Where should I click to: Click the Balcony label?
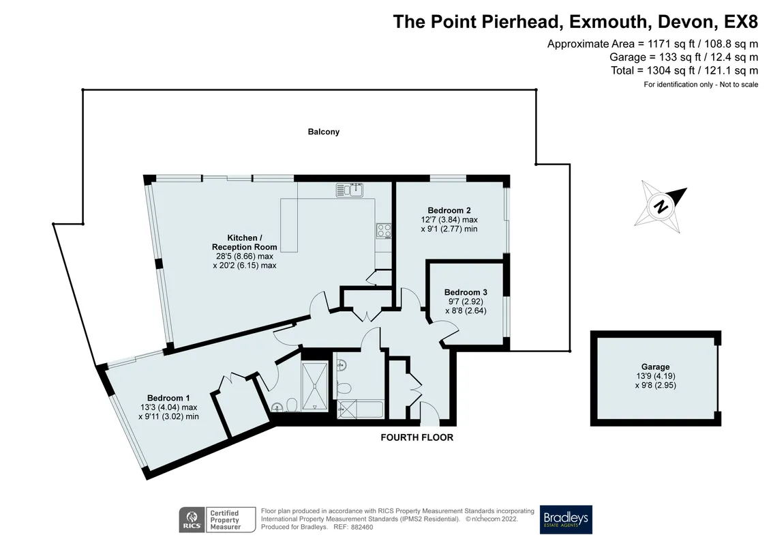[x=324, y=132]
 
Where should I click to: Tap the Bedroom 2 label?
[x=449, y=210]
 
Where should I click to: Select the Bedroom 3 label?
[x=466, y=292]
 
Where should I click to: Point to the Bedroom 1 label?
[x=168, y=398]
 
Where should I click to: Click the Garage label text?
[x=655, y=367]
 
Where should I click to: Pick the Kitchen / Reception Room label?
[x=244, y=242]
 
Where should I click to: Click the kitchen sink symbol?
[x=350, y=190]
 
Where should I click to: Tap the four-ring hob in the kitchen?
[x=384, y=231]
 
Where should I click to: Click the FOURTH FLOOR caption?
[x=417, y=437]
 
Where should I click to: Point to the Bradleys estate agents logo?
[x=566, y=519]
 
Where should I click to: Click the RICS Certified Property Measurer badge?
[x=217, y=520]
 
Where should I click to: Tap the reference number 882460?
[x=361, y=528]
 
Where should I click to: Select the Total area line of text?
[x=684, y=70]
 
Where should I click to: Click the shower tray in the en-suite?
[x=315, y=386]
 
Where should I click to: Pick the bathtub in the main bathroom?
[x=360, y=409]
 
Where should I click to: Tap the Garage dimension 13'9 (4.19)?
[x=655, y=376]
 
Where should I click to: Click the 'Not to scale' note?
[x=739, y=85]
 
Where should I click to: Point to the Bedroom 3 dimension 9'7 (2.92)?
[x=466, y=301]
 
